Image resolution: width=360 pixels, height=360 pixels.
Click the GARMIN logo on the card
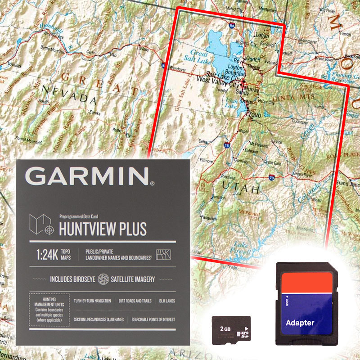pyautogui.click(x=90, y=176)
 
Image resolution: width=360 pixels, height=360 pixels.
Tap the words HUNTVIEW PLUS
pyautogui.click(x=103, y=229)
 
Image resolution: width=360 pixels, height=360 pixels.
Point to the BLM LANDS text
pyautogui.click(x=166, y=301)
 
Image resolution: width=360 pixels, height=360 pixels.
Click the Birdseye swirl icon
pyautogui.click(x=103, y=279)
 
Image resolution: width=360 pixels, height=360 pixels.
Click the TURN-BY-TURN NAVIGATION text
pyautogui.click(x=92, y=301)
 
